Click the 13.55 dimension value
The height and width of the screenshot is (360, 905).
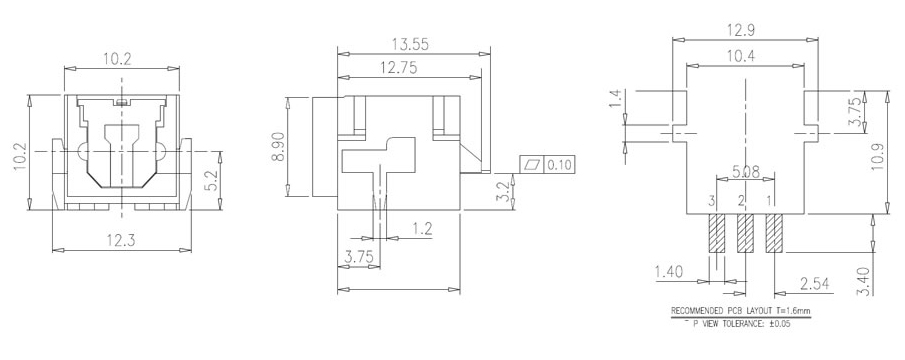pos(410,44)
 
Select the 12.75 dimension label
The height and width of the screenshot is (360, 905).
pos(398,68)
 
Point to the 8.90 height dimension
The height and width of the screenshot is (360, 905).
pos(278,147)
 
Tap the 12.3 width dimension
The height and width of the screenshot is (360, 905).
pos(121,240)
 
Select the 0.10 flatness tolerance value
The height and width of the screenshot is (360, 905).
pos(559,166)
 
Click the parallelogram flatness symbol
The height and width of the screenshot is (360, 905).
pos(532,166)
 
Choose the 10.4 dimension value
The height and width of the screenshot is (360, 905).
pos(742,56)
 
